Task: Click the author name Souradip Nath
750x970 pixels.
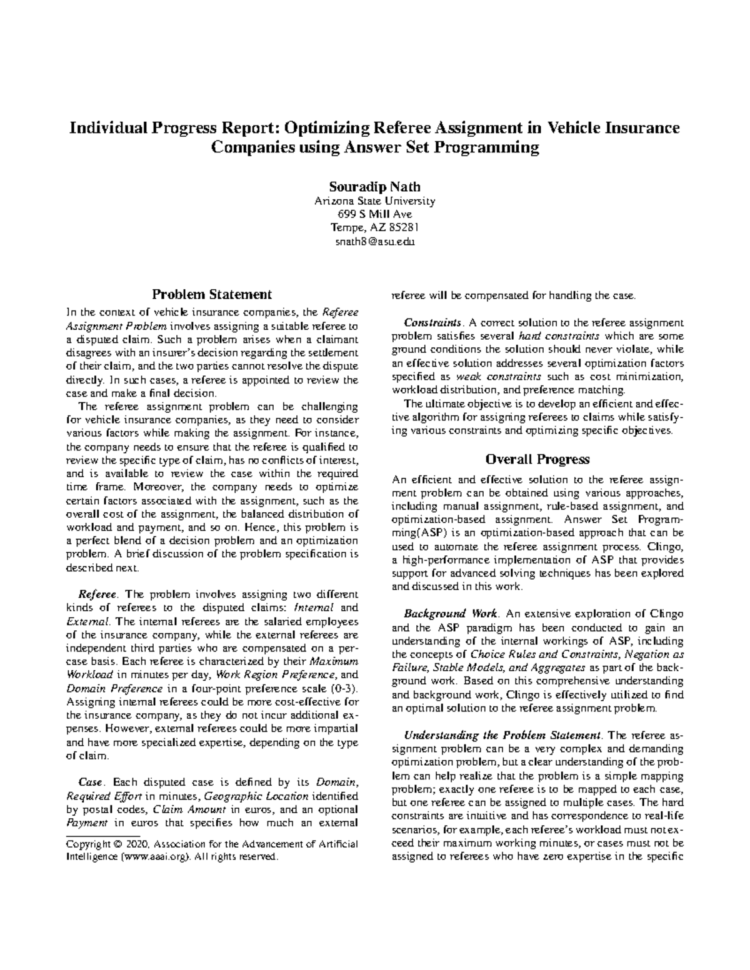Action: point(374,187)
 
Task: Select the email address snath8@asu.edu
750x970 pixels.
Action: point(374,241)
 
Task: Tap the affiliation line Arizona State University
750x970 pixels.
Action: point(374,201)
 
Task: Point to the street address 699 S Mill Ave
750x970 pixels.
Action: point(374,214)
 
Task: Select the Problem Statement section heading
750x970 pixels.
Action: point(212,294)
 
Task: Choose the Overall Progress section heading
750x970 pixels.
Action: point(537,459)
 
